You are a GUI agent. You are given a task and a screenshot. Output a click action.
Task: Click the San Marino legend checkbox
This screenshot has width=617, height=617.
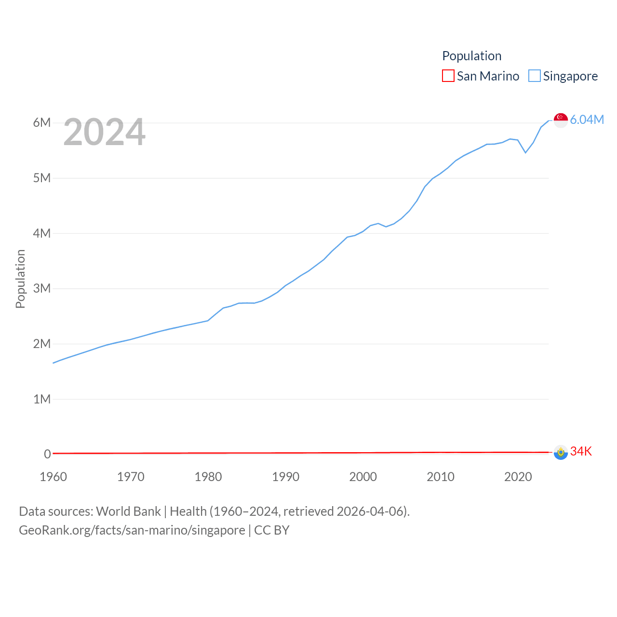(x=448, y=76)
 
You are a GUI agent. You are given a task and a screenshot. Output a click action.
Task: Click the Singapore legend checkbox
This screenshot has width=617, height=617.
(x=535, y=76)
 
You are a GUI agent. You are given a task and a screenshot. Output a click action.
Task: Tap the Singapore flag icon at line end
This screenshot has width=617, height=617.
(x=561, y=120)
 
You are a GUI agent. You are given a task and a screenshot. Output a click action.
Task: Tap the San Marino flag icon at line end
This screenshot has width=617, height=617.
(x=561, y=452)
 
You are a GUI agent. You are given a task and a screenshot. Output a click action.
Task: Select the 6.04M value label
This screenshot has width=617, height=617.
(x=587, y=120)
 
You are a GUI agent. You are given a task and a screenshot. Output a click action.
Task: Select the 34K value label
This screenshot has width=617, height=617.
(x=581, y=451)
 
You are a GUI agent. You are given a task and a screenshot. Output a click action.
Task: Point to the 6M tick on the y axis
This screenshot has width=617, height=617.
(x=42, y=122)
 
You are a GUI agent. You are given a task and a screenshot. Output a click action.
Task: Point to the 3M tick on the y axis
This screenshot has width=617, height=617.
(x=42, y=288)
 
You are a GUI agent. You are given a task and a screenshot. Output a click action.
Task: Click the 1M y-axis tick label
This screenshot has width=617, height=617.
(x=42, y=399)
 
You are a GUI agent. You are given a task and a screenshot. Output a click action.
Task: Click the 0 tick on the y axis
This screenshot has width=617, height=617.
(x=47, y=454)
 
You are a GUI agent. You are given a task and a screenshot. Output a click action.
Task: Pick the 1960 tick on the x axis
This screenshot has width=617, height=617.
(x=53, y=477)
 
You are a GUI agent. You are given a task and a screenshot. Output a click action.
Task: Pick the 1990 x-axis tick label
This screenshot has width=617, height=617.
(x=286, y=477)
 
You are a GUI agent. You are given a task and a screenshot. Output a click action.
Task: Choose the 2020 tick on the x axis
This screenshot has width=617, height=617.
(x=518, y=477)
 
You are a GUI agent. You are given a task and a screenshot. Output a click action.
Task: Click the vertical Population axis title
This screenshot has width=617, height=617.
(x=20, y=279)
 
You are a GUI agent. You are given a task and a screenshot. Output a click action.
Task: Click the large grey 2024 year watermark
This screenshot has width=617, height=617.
(x=104, y=132)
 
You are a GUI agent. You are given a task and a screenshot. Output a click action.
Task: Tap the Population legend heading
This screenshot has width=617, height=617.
(x=472, y=56)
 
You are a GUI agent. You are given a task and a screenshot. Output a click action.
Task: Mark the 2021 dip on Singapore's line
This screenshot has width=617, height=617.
(x=525, y=152)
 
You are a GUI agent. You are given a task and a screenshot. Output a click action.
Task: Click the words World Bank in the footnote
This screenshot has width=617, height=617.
(x=128, y=511)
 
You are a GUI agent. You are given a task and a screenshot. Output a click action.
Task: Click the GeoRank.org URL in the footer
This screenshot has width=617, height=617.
(x=132, y=530)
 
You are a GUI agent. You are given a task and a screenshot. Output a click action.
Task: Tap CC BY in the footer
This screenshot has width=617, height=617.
(x=272, y=530)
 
